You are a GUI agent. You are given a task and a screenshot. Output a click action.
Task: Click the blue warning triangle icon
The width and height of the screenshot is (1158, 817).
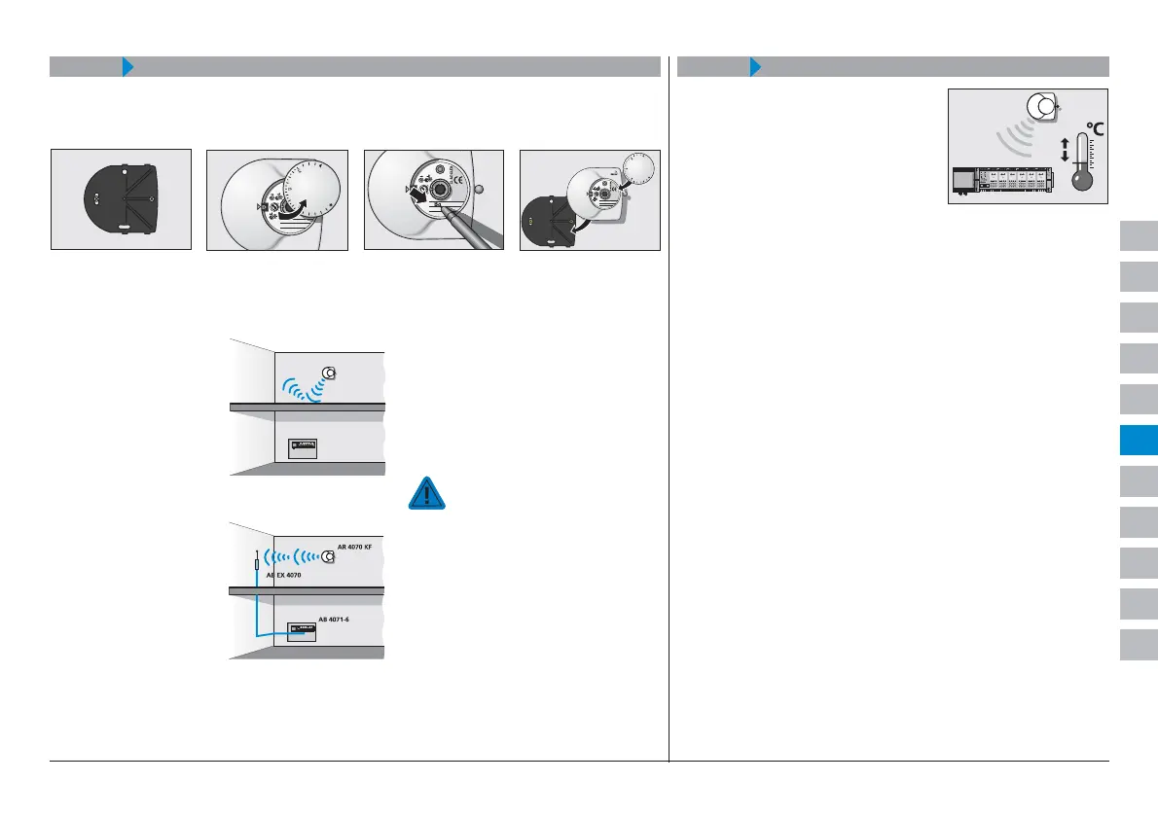point(425,493)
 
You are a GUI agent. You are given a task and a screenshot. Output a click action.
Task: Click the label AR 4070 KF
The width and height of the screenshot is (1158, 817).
point(354,548)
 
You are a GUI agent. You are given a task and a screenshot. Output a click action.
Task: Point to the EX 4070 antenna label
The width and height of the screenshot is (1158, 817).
point(284,576)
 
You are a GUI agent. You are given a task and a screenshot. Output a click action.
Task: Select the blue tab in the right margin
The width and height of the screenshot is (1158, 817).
point(1137,440)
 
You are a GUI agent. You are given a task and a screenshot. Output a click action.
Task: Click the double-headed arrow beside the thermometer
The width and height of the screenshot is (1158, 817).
point(1064,150)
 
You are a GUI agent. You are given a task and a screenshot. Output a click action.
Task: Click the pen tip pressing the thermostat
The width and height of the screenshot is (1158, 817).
point(444,207)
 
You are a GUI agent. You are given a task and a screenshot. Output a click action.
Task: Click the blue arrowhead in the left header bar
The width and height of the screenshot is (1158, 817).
point(127,67)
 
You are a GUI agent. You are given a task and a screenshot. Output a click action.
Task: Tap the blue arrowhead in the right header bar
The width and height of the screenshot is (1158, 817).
point(754,67)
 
